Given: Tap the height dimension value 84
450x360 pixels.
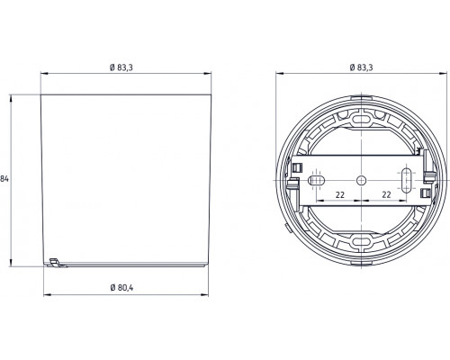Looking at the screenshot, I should pos(5,180).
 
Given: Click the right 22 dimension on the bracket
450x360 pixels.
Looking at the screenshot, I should pos(385,195).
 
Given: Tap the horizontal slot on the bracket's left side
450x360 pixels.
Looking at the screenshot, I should pos(317,180).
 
